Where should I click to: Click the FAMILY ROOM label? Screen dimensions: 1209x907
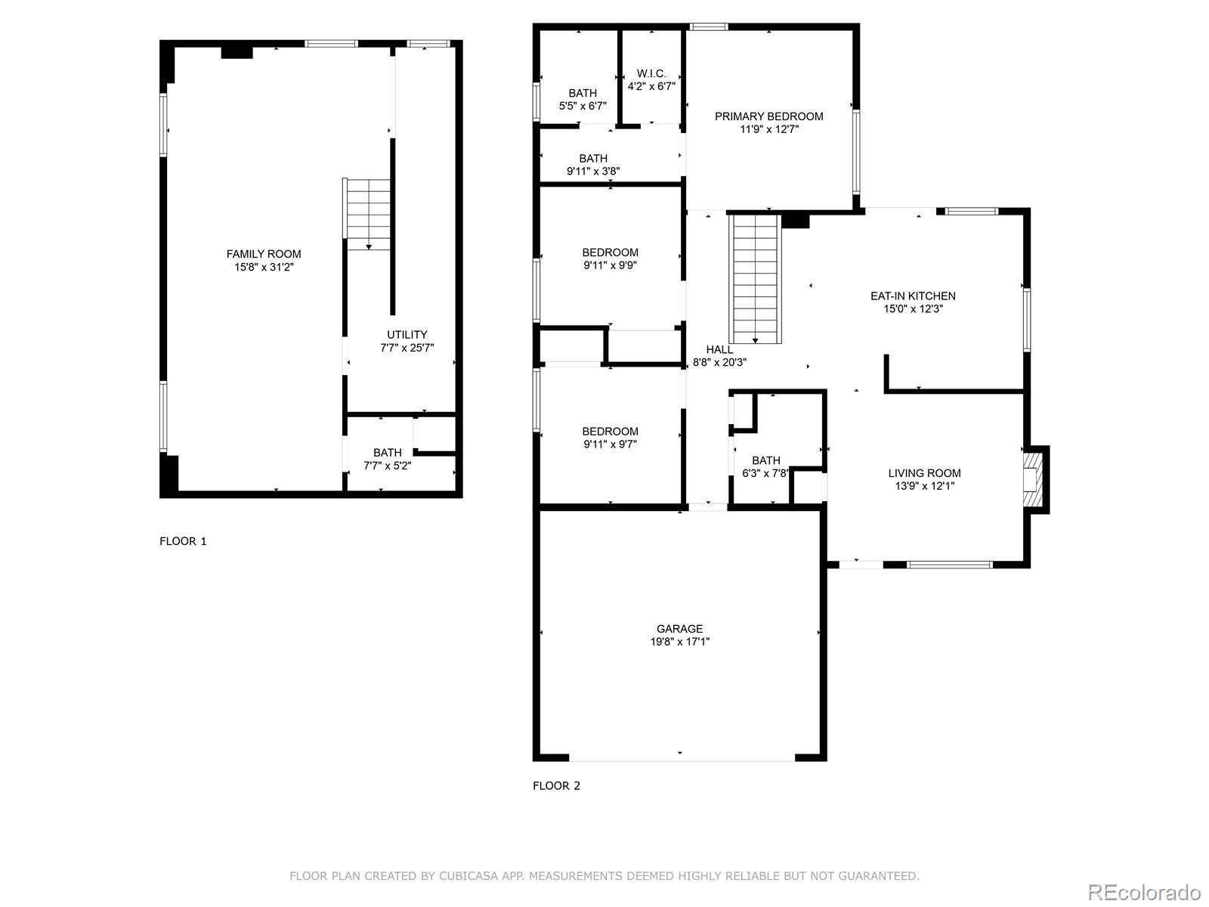pyautogui.click(x=263, y=254)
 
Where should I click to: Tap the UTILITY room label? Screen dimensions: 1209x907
pyautogui.click(x=407, y=334)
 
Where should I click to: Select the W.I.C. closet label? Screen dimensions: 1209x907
pyautogui.click(x=651, y=73)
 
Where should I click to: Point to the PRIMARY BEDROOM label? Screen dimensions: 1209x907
pyautogui.click(x=768, y=116)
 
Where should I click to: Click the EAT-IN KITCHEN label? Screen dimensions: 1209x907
pyautogui.click(x=913, y=296)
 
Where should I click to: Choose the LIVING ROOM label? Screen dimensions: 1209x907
pyautogui.click(x=924, y=473)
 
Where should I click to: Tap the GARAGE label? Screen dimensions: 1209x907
pyautogui.click(x=679, y=628)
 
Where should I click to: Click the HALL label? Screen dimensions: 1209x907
pyautogui.click(x=719, y=349)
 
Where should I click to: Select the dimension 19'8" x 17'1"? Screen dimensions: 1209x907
pyautogui.click(x=679, y=642)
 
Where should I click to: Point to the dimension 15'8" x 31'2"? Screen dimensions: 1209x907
pyautogui.click(x=264, y=267)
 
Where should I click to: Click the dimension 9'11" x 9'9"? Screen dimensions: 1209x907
pyautogui.click(x=610, y=265)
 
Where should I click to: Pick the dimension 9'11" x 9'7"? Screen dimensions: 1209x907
pyautogui.click(x=610, y=444)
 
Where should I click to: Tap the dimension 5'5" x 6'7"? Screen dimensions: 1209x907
pyautogui.click(x=582, y=106)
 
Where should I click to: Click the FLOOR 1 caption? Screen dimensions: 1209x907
pyautogui.click(x=183, y=541)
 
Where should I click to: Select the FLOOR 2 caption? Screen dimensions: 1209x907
pyautogui.click(x=556, y=786)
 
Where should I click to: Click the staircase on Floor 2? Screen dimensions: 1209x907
pyautogui.click(x=755, y=279)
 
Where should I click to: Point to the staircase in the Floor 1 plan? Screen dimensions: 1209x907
pyautogui.click(x=366, y=214)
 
